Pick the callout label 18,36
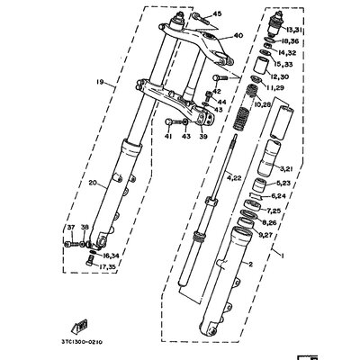290,41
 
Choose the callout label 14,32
289,54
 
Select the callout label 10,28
264,105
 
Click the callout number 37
71,229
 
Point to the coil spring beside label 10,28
241,118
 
